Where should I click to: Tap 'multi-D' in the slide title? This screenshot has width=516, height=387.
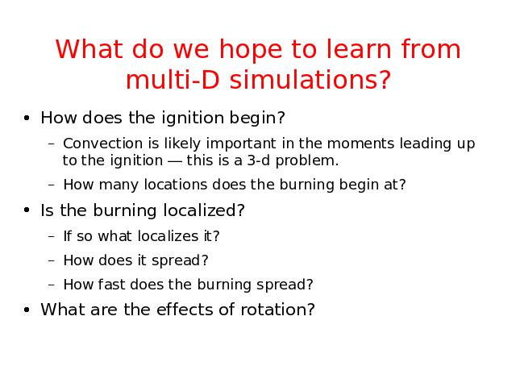pyautogui.click(x=173, y=80)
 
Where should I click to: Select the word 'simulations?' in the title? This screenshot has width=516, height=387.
pyautogui.click(x=310, y=80)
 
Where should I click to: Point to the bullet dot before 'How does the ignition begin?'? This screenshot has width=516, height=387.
pyautogui.click(x=27, y=118)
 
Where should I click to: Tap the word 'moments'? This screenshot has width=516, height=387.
pyautogui.click(x=360, y=144)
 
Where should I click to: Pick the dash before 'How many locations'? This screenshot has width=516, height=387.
pyautogui.click(x=51, y=185)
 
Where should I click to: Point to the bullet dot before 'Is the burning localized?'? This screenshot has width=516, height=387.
pyautogui.click(x=27, y=210)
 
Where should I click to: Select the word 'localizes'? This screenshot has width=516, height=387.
pyautogui.click(x=168, y=236)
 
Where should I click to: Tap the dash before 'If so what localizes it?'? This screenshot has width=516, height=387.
pyautogui.click(x=51, y=236)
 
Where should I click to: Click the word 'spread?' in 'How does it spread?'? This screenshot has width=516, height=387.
pyautogui.click(x=180, y=260)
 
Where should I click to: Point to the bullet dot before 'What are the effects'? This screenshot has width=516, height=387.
pyautogui.click(x=27, y=310)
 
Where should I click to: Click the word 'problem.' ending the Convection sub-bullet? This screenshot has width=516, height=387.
pyautogui.click(x=307, y=161)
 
